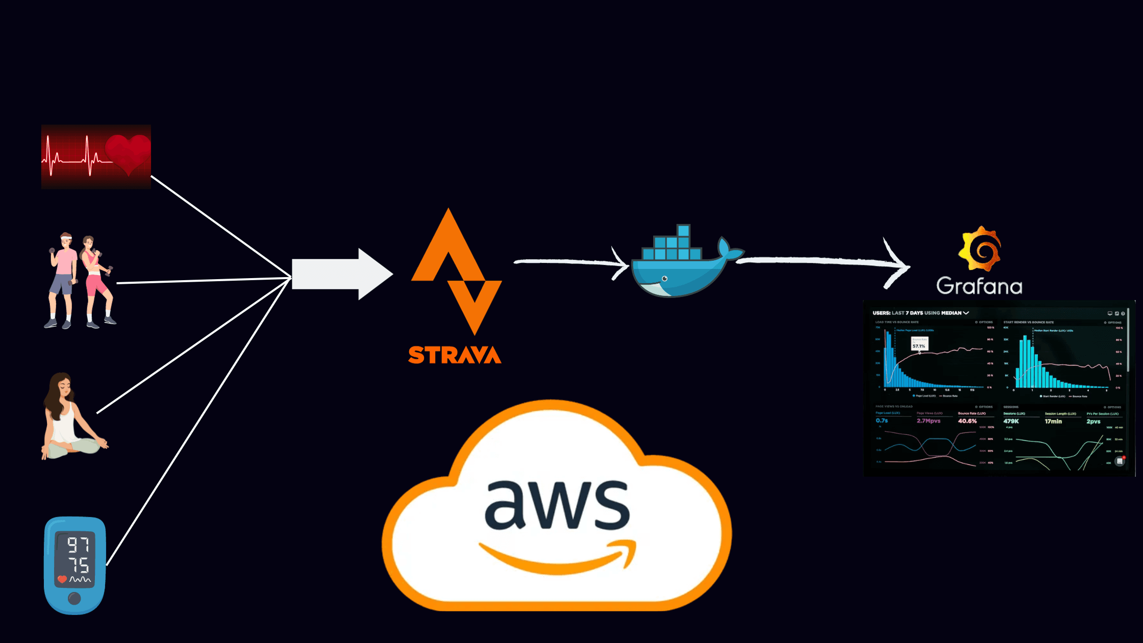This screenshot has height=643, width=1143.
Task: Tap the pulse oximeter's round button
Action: click(x=74, y=598)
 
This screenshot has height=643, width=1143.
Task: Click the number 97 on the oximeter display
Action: click(x=78, y=545)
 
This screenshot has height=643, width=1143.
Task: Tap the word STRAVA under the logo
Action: click(x=455, y=355)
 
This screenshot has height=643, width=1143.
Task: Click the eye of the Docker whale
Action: click(x=664, y=279)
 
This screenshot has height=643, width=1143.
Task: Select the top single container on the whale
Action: click(x=683, y=231)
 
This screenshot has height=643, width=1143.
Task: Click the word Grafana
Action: click(x=979, y=286)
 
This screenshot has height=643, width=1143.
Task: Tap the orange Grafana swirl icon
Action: click(x=980, y=249)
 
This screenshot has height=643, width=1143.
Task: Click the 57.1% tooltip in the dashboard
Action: click(x=919, y=345)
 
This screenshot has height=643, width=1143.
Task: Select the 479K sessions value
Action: click(x=1011, y=421)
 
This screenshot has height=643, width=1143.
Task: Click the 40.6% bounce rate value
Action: click(x=967, y=421)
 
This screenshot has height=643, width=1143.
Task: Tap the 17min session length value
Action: click(x=1053, y=421)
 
